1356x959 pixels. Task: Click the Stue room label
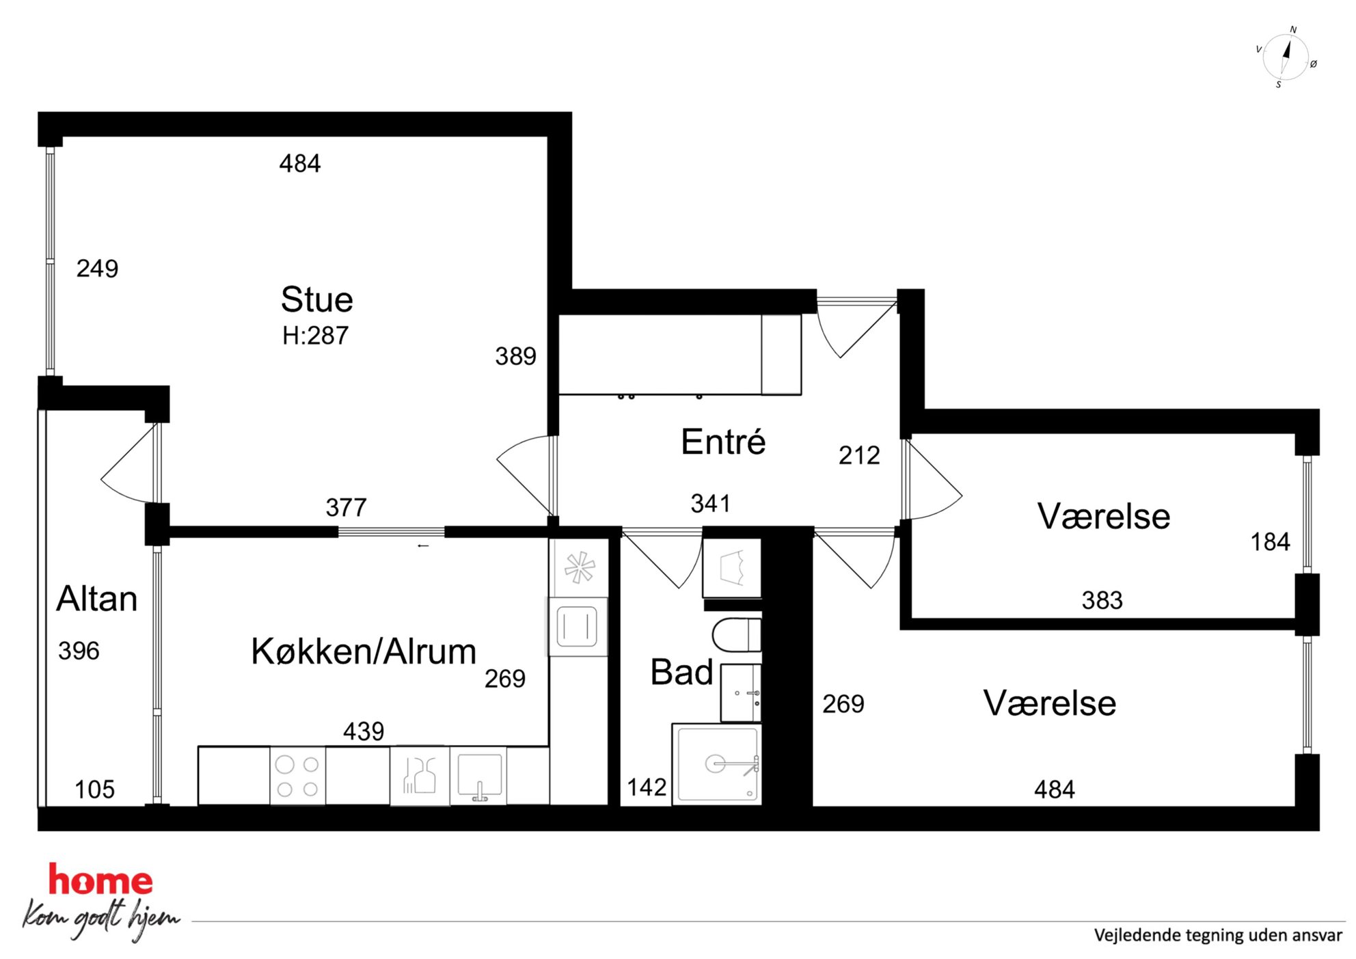click(316, 299)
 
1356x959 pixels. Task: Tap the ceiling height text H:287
click(315, 336)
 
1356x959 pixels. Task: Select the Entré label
click(723, 441)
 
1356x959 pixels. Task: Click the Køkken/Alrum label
click(364, 651)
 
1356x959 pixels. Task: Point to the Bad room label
click(681, 672)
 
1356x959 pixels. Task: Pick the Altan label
click(96, 599)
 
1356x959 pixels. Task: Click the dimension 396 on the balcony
click(79, 651)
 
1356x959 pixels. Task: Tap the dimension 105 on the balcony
click(94, 789)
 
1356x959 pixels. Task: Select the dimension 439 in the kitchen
click(364, 731)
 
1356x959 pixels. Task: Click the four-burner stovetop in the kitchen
click(297, 776)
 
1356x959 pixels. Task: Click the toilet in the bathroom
click(737, 635)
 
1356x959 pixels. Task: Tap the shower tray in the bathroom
click(716, 764)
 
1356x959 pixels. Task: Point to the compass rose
click(1285, 57)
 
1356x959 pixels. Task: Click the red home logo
click(100, 880)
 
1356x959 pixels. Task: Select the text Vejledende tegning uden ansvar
click(1217, 935)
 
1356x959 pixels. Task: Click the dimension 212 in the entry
click(859, 455)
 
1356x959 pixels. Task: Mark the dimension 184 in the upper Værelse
click(1270, 542)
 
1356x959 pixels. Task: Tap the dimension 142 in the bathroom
click(647, 787)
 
